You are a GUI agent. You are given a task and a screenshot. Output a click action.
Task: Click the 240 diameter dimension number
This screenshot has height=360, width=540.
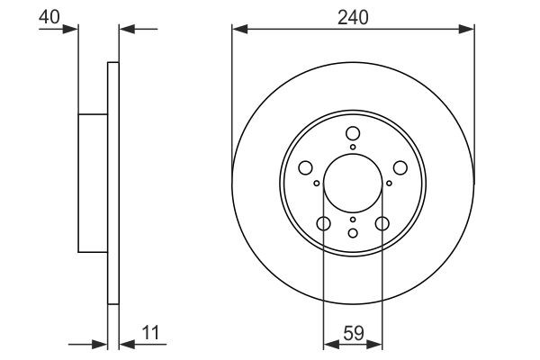point(353,15)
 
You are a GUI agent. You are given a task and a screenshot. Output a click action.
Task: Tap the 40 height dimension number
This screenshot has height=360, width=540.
point(50,15)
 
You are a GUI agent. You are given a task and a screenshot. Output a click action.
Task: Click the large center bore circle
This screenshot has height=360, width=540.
point(353,183)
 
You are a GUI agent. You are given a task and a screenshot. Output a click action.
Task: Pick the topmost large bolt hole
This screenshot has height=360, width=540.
point(353,134)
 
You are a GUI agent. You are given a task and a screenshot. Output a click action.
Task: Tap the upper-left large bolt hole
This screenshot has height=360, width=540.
point(306,168)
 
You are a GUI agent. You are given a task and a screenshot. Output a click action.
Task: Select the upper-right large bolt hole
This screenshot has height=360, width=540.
point(400,168)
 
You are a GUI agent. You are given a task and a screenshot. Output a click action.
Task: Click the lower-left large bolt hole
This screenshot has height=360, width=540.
point(324,224)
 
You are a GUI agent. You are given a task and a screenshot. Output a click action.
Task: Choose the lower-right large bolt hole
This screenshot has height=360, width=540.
point(382,224)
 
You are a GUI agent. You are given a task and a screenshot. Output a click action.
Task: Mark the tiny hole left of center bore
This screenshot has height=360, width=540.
point(317,184)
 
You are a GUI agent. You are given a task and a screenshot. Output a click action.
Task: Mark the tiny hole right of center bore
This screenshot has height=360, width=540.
point(389,184)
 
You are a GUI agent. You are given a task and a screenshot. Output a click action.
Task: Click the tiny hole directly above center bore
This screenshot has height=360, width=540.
point(353,148)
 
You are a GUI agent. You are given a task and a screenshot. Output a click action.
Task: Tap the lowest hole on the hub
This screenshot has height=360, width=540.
point(353,233)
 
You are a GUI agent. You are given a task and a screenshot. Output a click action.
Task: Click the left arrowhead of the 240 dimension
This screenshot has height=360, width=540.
point(238,29)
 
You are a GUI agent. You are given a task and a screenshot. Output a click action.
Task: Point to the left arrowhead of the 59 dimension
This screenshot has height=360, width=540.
point(328,343)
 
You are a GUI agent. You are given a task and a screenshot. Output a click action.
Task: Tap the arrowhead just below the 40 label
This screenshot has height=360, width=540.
point(73,29)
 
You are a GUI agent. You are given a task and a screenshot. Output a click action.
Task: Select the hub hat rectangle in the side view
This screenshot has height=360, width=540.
point(94,183)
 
